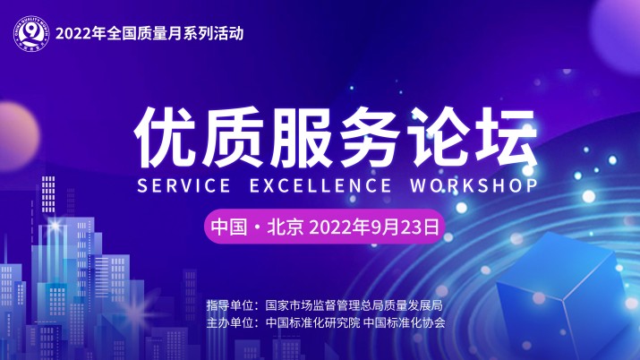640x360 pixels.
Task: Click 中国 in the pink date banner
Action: tap(226, 227)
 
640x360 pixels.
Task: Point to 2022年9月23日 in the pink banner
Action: tap(374, 227)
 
